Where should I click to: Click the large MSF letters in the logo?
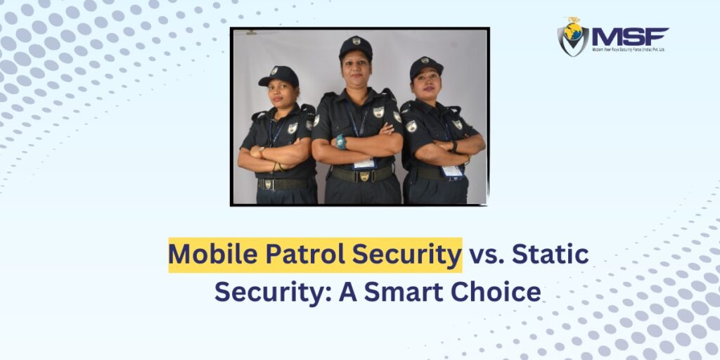629,36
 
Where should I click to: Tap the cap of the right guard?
426,67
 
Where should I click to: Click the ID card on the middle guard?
364,163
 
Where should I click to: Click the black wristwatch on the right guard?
454,146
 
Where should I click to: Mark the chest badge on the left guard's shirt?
292,128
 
